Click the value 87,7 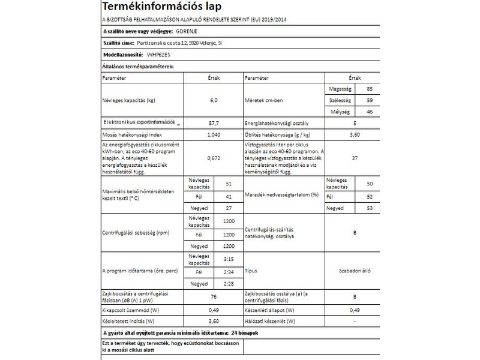point(213,123)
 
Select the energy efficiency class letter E point(355,123)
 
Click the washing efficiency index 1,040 point(213,134)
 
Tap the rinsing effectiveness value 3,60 point(355,134)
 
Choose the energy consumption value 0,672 point(213,158)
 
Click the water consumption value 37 point(355,158)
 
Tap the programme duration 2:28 point(229,283)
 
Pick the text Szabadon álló point(355,271)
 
